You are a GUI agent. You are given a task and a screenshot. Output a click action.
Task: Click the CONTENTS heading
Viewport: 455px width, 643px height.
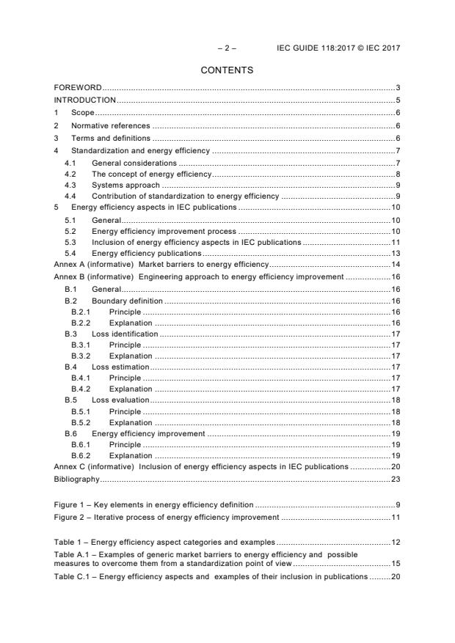227,70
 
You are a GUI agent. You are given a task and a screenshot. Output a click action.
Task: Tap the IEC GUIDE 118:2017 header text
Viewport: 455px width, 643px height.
338,48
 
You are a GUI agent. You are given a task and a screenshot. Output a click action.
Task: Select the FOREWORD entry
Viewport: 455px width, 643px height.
78,88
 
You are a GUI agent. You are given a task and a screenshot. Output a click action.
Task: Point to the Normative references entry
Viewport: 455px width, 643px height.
109,125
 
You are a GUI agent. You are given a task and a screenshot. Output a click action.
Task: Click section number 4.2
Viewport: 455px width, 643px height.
70,174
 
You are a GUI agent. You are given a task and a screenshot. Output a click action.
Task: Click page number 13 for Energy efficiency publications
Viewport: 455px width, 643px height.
395,253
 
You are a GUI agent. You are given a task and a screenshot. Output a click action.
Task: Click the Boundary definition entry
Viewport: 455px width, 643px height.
127,301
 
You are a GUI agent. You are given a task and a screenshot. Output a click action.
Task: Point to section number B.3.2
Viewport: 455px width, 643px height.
80,356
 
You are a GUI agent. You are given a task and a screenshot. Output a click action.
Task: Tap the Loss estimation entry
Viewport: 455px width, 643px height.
120,367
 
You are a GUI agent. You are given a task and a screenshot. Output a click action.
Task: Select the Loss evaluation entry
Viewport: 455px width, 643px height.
120,400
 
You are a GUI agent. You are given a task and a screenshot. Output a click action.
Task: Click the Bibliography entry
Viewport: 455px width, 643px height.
76,479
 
